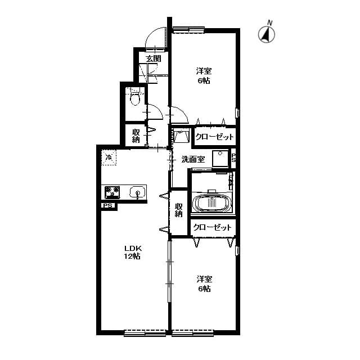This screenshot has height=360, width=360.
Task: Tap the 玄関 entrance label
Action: [153, 58]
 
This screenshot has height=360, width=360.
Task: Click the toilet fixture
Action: [134, 100]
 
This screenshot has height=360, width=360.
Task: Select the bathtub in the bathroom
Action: [211, 202]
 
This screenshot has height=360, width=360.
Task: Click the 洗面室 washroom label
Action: [192, 159]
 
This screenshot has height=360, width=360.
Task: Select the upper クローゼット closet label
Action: [214, 137]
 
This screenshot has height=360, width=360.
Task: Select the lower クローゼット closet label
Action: [212, 227]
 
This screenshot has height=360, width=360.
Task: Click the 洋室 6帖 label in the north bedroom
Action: [203, 76]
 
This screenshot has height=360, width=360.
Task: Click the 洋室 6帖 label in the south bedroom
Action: [204, 283]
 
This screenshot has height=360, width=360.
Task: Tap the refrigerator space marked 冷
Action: [109, 157]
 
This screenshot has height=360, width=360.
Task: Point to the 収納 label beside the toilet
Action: [136, 136]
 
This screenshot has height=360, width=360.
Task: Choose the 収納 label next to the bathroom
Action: [178, 210]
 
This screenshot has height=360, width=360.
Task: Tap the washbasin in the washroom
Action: [180, 137]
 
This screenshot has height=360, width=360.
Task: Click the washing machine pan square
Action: [220, 158]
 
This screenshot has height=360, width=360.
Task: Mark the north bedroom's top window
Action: [188, 29]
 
